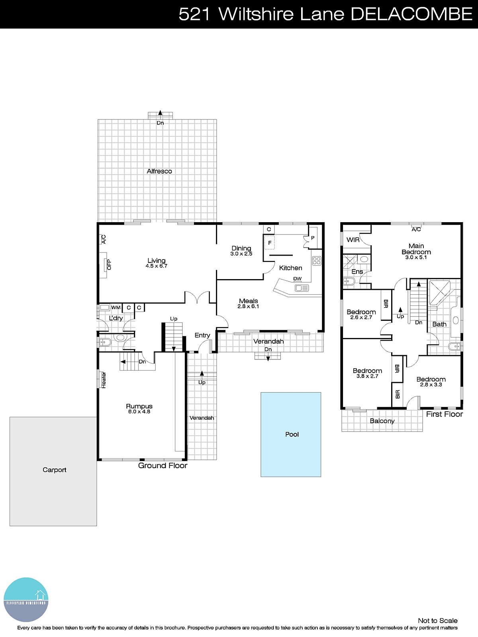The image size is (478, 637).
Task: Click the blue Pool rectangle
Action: pos(291,434)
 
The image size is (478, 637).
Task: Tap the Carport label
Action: pos(54,470)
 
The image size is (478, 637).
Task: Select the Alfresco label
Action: pos(159,171)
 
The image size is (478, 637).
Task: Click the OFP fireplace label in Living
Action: pos(109,265)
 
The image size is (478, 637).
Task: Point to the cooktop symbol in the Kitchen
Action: pos(317,261)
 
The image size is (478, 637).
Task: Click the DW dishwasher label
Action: pos(297,279)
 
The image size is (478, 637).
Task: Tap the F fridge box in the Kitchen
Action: pos(270,243)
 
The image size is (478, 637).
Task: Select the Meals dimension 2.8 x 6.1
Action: pos(248,307)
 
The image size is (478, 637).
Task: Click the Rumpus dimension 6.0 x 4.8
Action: pos(139,412)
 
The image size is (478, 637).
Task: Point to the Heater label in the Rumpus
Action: pos(104,380)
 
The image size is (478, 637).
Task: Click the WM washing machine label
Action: pos(116,307)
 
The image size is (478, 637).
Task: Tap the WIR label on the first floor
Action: pos(353,240)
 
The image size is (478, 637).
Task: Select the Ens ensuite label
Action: pos(357,272)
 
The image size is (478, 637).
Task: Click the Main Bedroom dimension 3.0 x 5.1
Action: pos(416,258)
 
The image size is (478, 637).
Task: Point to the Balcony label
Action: pos(382,421)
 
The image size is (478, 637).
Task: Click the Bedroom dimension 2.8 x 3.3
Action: pos(431,385)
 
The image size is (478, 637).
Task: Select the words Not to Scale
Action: pos(437,620)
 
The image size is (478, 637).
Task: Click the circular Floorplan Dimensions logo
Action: pos(26,599)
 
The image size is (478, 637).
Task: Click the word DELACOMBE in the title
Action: pos(411,14)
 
